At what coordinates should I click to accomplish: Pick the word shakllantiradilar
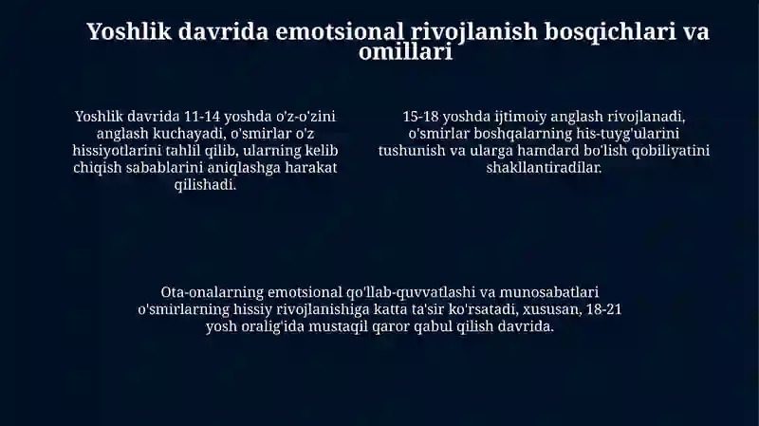[544, 168]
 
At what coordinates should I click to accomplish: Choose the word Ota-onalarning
[212, 292]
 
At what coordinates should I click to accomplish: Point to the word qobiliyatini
[664, 151]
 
